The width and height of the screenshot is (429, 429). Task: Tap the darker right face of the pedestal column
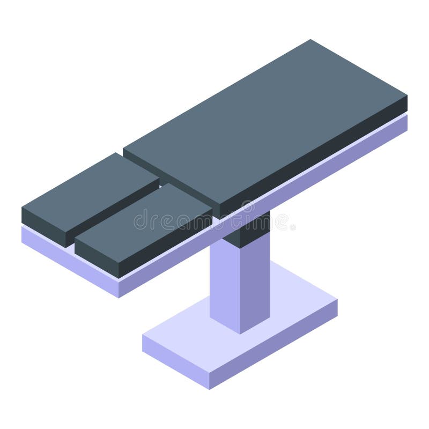coord(255,284)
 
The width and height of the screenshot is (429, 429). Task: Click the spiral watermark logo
coord(247,207)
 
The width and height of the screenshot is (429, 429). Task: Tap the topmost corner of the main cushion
coord(310,40)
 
